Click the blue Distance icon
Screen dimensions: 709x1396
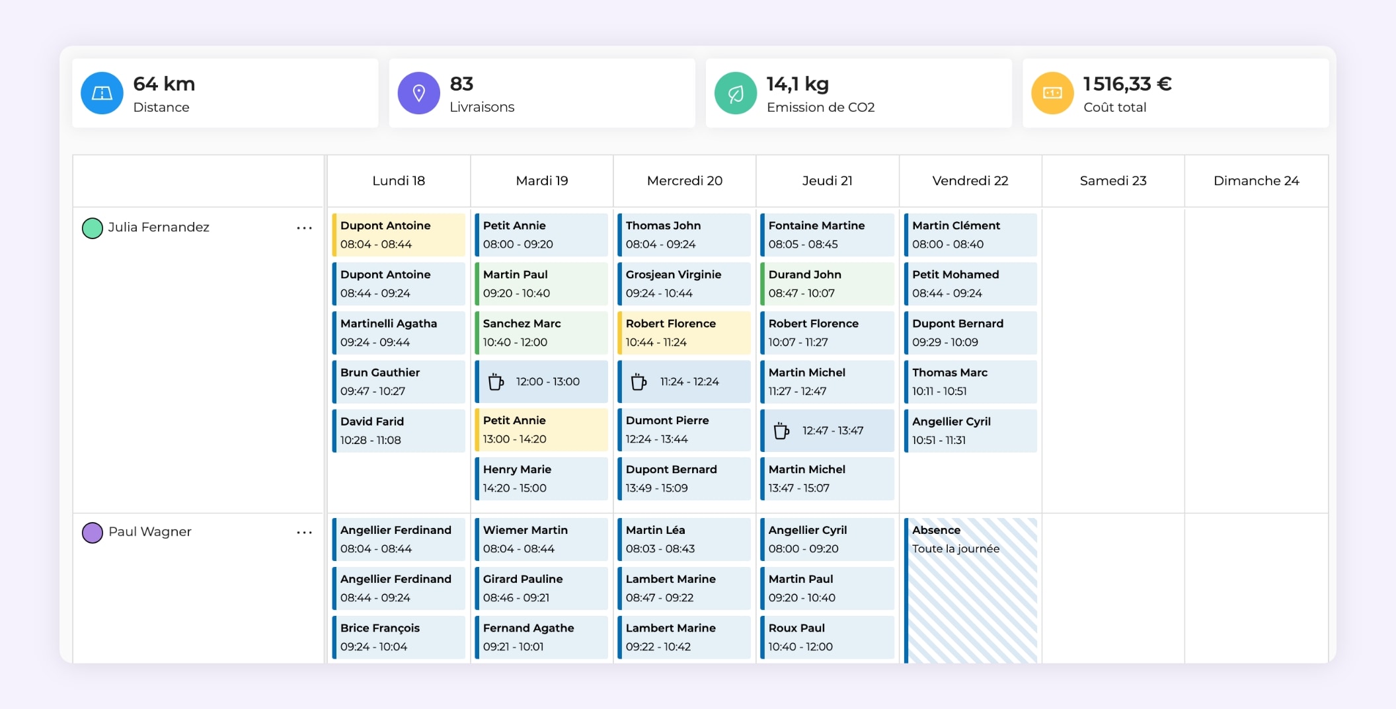click(102, 93)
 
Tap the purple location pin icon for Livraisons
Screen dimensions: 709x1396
click(418, 93)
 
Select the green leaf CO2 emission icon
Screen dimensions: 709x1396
click(735, 93)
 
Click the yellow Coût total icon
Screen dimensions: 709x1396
click(1052, 93)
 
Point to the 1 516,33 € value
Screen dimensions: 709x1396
click(1127, 84)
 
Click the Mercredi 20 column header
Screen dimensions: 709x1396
click(684, 180)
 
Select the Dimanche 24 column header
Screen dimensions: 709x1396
click(1256, 180)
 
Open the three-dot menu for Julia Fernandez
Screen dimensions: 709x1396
click(304, 228)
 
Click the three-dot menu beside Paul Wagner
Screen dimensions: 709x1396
click(304, 533)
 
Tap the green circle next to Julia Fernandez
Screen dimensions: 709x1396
click(93, 228)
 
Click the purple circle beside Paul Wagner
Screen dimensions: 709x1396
click(93, 533)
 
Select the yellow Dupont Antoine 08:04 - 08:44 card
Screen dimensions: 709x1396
click(399, 235)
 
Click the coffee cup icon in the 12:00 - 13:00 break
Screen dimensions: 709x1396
click(496, 382)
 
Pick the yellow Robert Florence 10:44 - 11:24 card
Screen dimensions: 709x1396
click(684, 332)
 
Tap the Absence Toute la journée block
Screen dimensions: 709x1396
click(970, 588)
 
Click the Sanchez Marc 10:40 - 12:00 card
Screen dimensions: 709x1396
click(541, 332)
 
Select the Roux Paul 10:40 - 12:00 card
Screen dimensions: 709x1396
click(827, 637)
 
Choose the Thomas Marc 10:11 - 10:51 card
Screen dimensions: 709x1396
click(970, 381)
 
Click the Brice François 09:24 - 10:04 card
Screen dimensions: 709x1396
click(399, 637)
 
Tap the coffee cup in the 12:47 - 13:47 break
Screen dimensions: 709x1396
click(781, 431)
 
